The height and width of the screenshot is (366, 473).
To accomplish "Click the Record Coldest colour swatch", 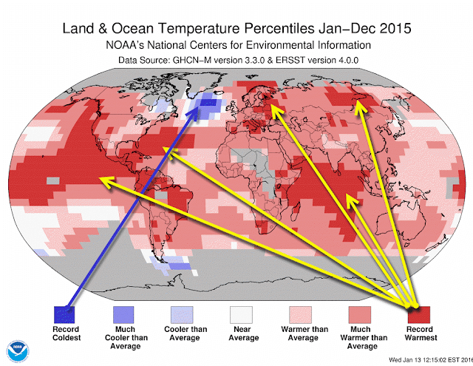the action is coord(64,315).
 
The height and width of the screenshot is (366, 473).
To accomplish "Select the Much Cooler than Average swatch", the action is coord(123,315).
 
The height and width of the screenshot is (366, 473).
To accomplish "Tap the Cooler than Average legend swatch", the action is coord(182,315).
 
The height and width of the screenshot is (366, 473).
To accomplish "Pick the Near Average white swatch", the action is coord(241,315).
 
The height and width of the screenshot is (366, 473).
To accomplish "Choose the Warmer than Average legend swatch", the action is coord(300,315).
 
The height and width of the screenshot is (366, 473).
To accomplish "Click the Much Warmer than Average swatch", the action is coord(360,315).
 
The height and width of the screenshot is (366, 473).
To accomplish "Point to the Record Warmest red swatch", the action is coord(419,315).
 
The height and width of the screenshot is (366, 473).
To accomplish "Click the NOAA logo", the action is coord(18,351).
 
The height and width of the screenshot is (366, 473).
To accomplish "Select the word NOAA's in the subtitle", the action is coord(125,45).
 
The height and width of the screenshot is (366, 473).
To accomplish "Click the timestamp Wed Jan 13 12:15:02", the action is coord(423,359).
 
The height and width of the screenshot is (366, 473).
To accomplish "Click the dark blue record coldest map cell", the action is coord(208,102).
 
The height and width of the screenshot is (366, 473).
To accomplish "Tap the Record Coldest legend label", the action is coord(67,333).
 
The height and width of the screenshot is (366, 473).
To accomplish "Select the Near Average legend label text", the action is coord(243,333).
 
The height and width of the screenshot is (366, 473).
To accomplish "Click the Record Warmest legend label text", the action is coord(421,333).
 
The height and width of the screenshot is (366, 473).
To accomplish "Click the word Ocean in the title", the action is coord(132,28).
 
